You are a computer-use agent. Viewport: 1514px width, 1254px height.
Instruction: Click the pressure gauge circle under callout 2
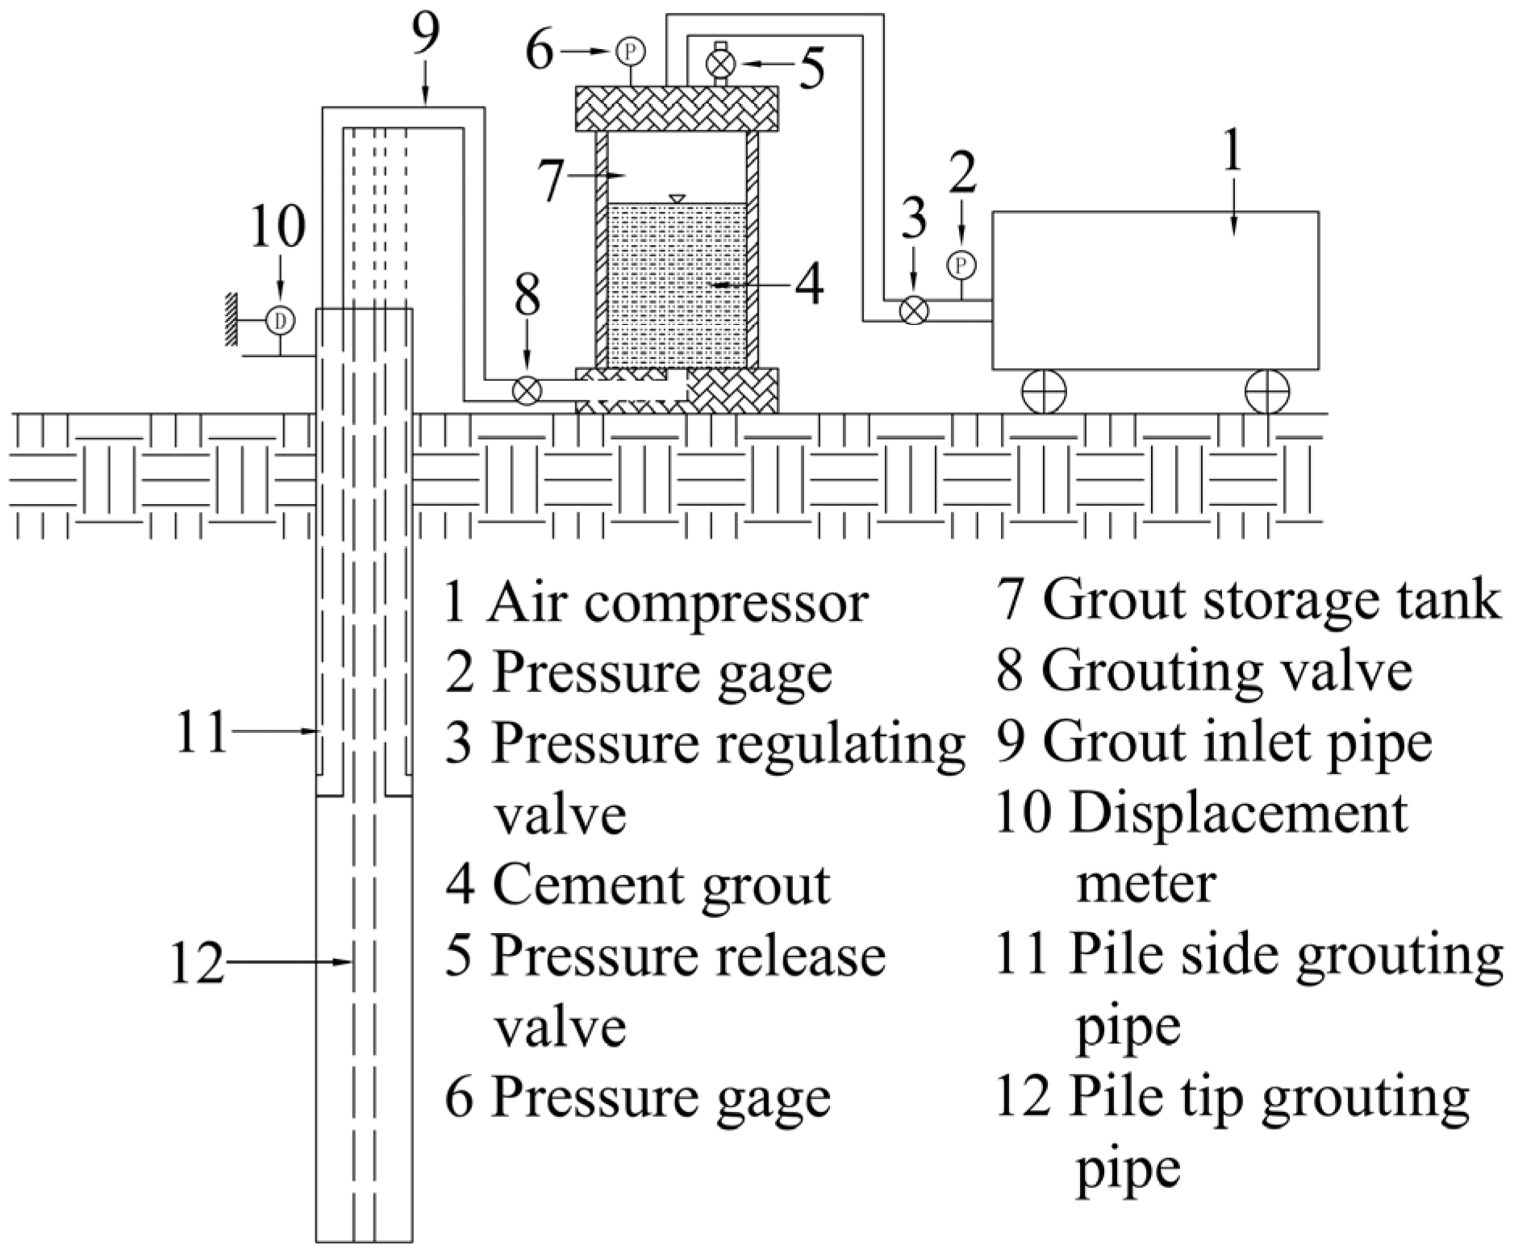[961, 265]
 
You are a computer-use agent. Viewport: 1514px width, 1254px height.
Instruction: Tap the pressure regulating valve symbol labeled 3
[913, 310]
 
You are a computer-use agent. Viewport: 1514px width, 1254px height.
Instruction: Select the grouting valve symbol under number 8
[528, 390]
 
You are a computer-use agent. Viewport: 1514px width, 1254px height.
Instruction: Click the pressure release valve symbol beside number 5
[719, 62]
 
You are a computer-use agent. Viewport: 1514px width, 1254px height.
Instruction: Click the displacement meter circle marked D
[280, 320]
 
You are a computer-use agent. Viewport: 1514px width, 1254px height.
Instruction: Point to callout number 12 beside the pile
[197, 961]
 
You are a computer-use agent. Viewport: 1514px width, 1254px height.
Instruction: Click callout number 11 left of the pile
[201, 731]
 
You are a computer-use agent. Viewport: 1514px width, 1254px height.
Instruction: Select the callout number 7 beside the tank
[551, 181]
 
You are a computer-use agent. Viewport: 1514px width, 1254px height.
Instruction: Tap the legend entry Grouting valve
[1203, 671]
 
